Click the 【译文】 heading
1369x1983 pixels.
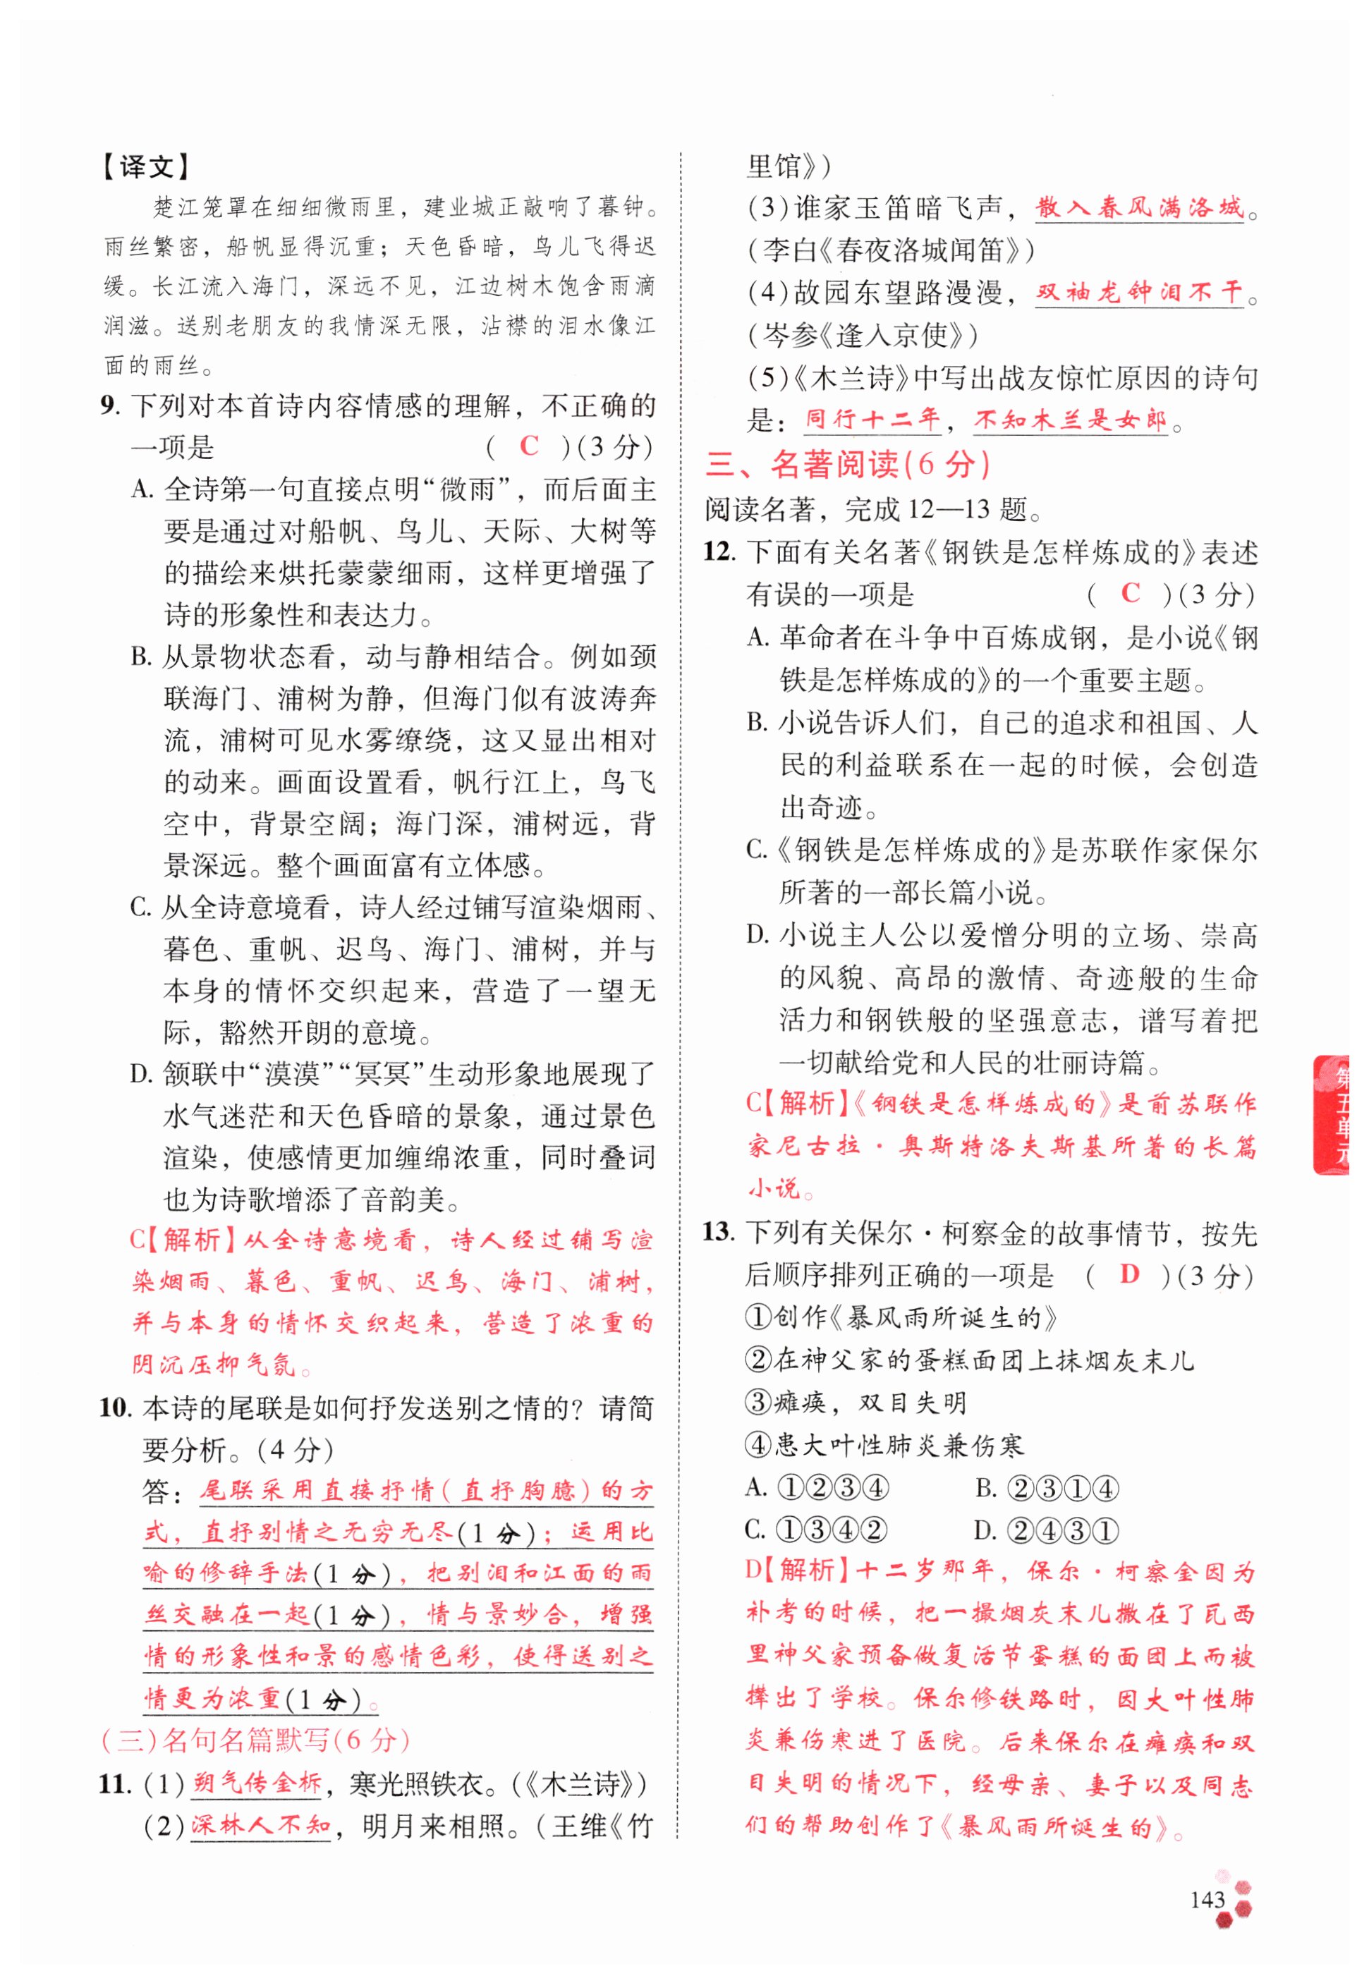147,166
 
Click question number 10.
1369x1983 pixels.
115,1408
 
